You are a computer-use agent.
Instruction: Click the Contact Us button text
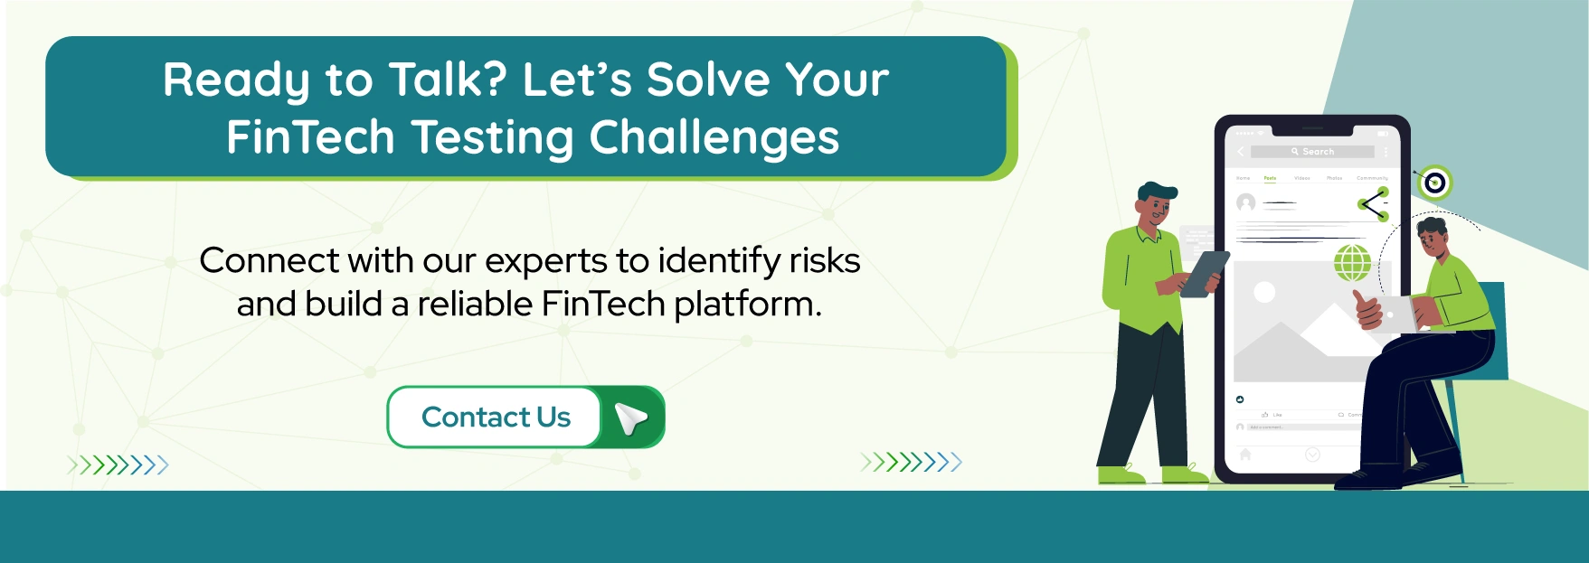[496, 417]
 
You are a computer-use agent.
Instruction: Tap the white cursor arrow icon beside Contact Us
[630, 418]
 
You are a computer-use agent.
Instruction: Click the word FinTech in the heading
[310, 137]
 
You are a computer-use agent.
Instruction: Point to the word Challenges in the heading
[714, 137]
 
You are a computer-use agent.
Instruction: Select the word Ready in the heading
[237, 80]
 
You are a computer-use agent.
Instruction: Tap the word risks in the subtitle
[824, 260]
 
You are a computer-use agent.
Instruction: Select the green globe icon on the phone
[1353, 263]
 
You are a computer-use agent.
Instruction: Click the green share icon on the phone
[1373, 205]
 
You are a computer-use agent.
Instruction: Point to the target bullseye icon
[1434, 183]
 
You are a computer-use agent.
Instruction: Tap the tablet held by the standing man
[1205, 274]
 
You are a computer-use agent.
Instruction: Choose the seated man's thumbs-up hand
[1367, 309]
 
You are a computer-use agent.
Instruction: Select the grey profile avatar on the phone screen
[1246, 202]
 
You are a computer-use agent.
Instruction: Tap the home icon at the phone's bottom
[1245, 455]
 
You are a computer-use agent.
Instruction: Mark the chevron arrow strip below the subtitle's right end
[911, 463]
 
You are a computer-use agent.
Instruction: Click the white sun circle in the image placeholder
[1264, 292]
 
